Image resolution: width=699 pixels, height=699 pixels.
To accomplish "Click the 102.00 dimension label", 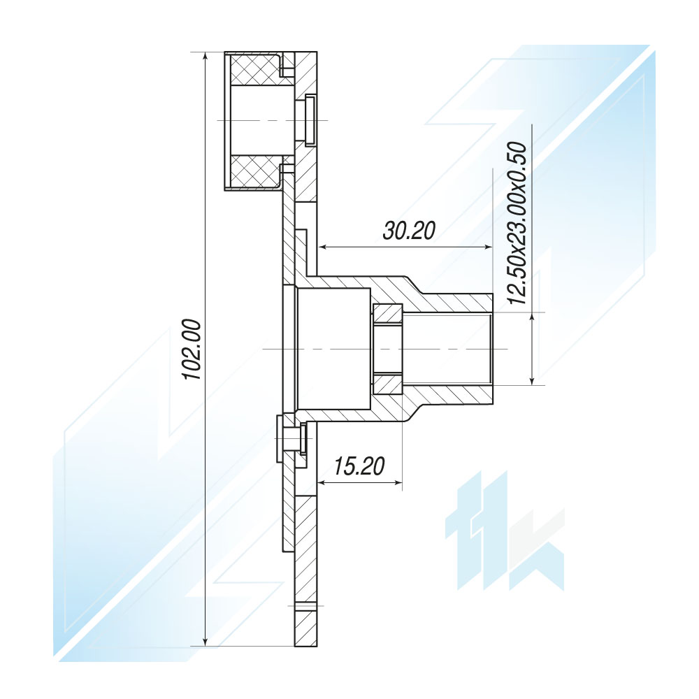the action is (x=193, y=349).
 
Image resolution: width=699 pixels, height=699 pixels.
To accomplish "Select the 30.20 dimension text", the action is (x=409, y=231).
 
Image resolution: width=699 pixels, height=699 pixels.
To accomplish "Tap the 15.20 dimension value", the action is (x=359, y=466).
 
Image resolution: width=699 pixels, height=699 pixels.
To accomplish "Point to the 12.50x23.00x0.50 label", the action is (x=517, y=223).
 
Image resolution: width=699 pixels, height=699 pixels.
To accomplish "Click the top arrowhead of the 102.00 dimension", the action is (x=205, y=57).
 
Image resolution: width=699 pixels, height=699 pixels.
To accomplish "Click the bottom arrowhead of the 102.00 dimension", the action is (x=205, y=640).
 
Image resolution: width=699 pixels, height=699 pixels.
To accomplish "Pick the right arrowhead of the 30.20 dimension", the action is (x=487, y=247).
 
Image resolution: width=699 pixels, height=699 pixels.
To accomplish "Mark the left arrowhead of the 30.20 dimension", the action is (x=322, y=247).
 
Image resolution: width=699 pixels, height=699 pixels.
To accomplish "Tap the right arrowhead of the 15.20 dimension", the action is (x=397, y=482).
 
